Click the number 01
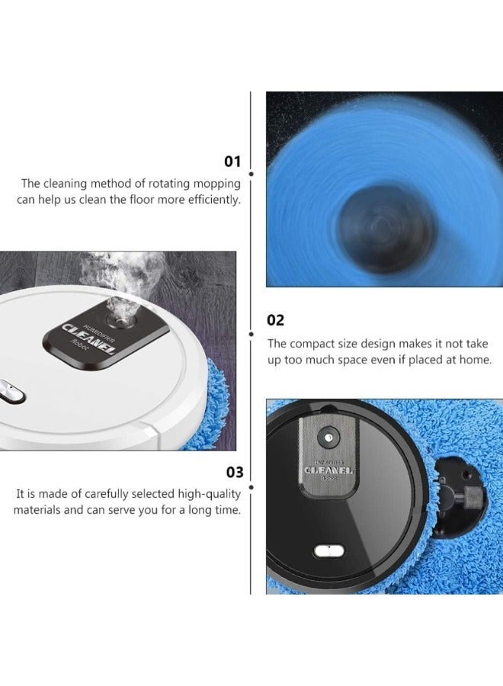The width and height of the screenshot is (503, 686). [232, 162]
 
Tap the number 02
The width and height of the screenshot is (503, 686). [275, 320]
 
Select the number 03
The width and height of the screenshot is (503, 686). [232, 473]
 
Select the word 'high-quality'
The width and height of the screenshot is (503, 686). [207, 494]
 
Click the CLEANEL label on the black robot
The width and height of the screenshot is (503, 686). [326, 470]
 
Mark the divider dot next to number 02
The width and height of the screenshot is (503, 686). [251, 333]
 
